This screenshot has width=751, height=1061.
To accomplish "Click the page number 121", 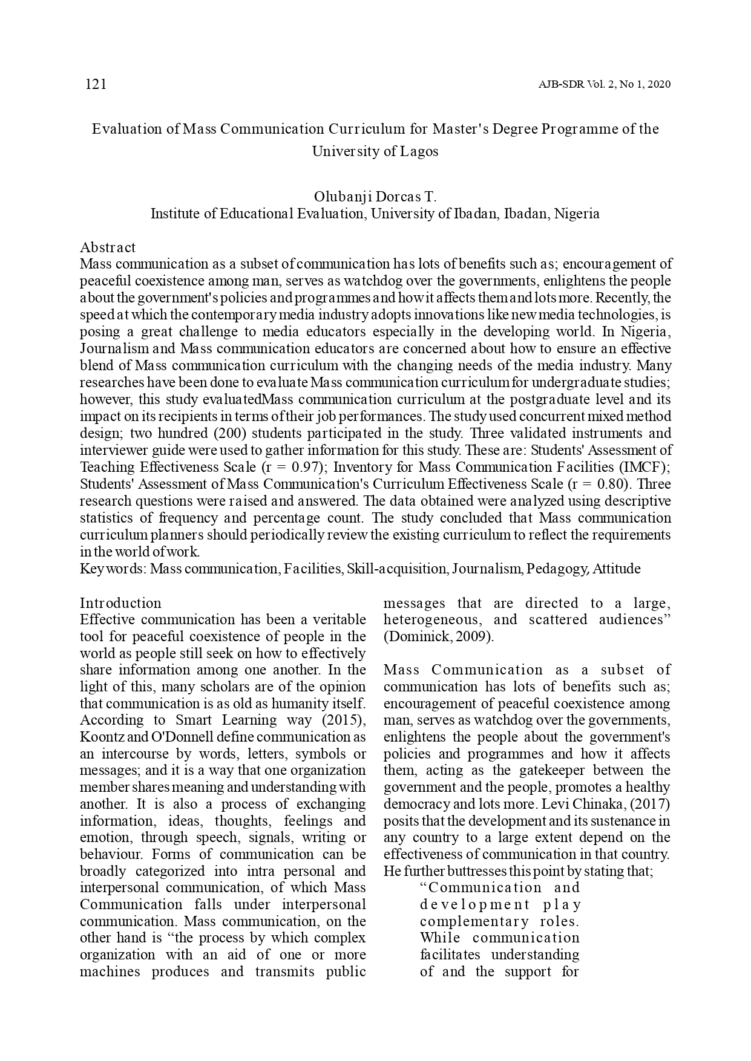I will [x=96, y=84].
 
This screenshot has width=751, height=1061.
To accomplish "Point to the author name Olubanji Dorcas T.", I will [x=375, y=197].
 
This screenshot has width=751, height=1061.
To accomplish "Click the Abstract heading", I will [x=108, y=247].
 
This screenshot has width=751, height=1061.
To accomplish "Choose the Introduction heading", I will [x=120, y=603].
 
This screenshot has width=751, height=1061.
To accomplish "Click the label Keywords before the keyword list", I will [x=113, y=569].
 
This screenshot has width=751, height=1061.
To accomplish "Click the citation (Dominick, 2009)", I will [x=439, y=636].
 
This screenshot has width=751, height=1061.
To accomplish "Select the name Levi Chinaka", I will [x=583, y=805].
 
